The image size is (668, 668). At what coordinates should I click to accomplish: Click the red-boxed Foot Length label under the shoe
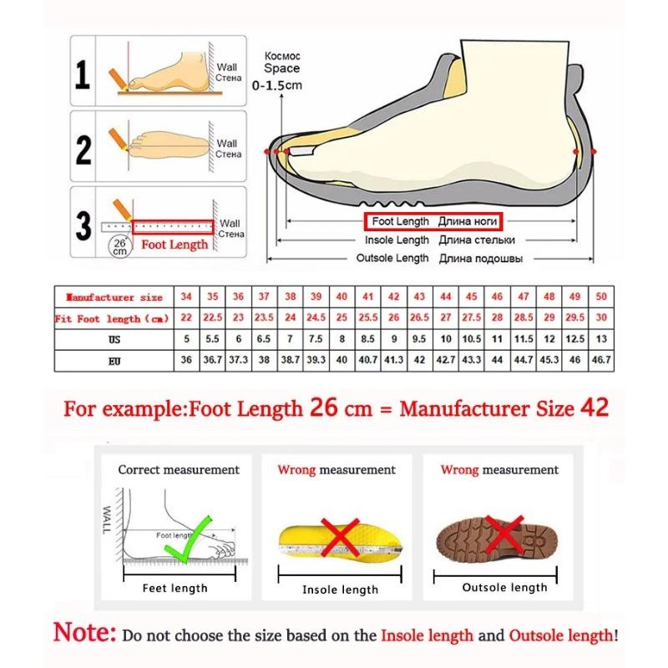(434, 222)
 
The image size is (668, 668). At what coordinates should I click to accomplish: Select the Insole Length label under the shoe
(397, 240)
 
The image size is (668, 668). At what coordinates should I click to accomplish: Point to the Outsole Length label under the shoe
(392, 259)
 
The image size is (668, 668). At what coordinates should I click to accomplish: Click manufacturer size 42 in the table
(394, 296)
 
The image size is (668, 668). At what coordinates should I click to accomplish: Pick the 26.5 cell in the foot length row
(420, 318)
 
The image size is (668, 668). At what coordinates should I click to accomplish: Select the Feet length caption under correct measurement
(175, 588)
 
